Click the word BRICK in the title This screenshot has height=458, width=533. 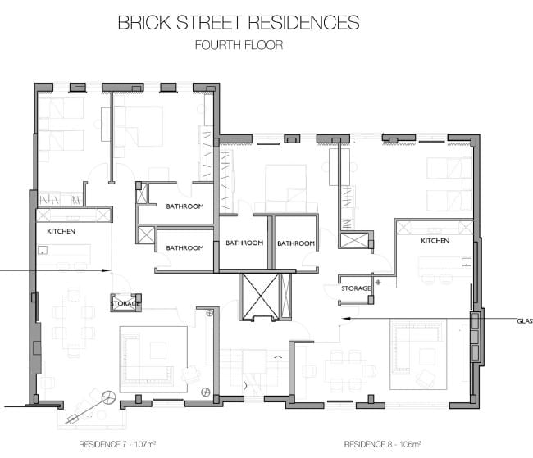tap(145, 22)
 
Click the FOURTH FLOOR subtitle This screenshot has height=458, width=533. tap(239, 45)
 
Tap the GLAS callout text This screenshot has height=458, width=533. tap(525, 320)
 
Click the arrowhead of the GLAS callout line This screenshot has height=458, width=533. tap(344, 317)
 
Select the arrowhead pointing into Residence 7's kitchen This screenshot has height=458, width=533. tap(106, 270)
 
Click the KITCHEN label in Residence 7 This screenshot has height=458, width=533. tap(61, 232)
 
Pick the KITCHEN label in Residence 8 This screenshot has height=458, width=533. tap(435, 241)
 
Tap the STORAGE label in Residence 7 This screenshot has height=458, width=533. tap(125, 304)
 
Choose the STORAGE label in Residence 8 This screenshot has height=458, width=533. tap(357, 288)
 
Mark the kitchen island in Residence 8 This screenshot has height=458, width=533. tap(443, 267)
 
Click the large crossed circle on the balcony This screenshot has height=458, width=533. tap(107, 399)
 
